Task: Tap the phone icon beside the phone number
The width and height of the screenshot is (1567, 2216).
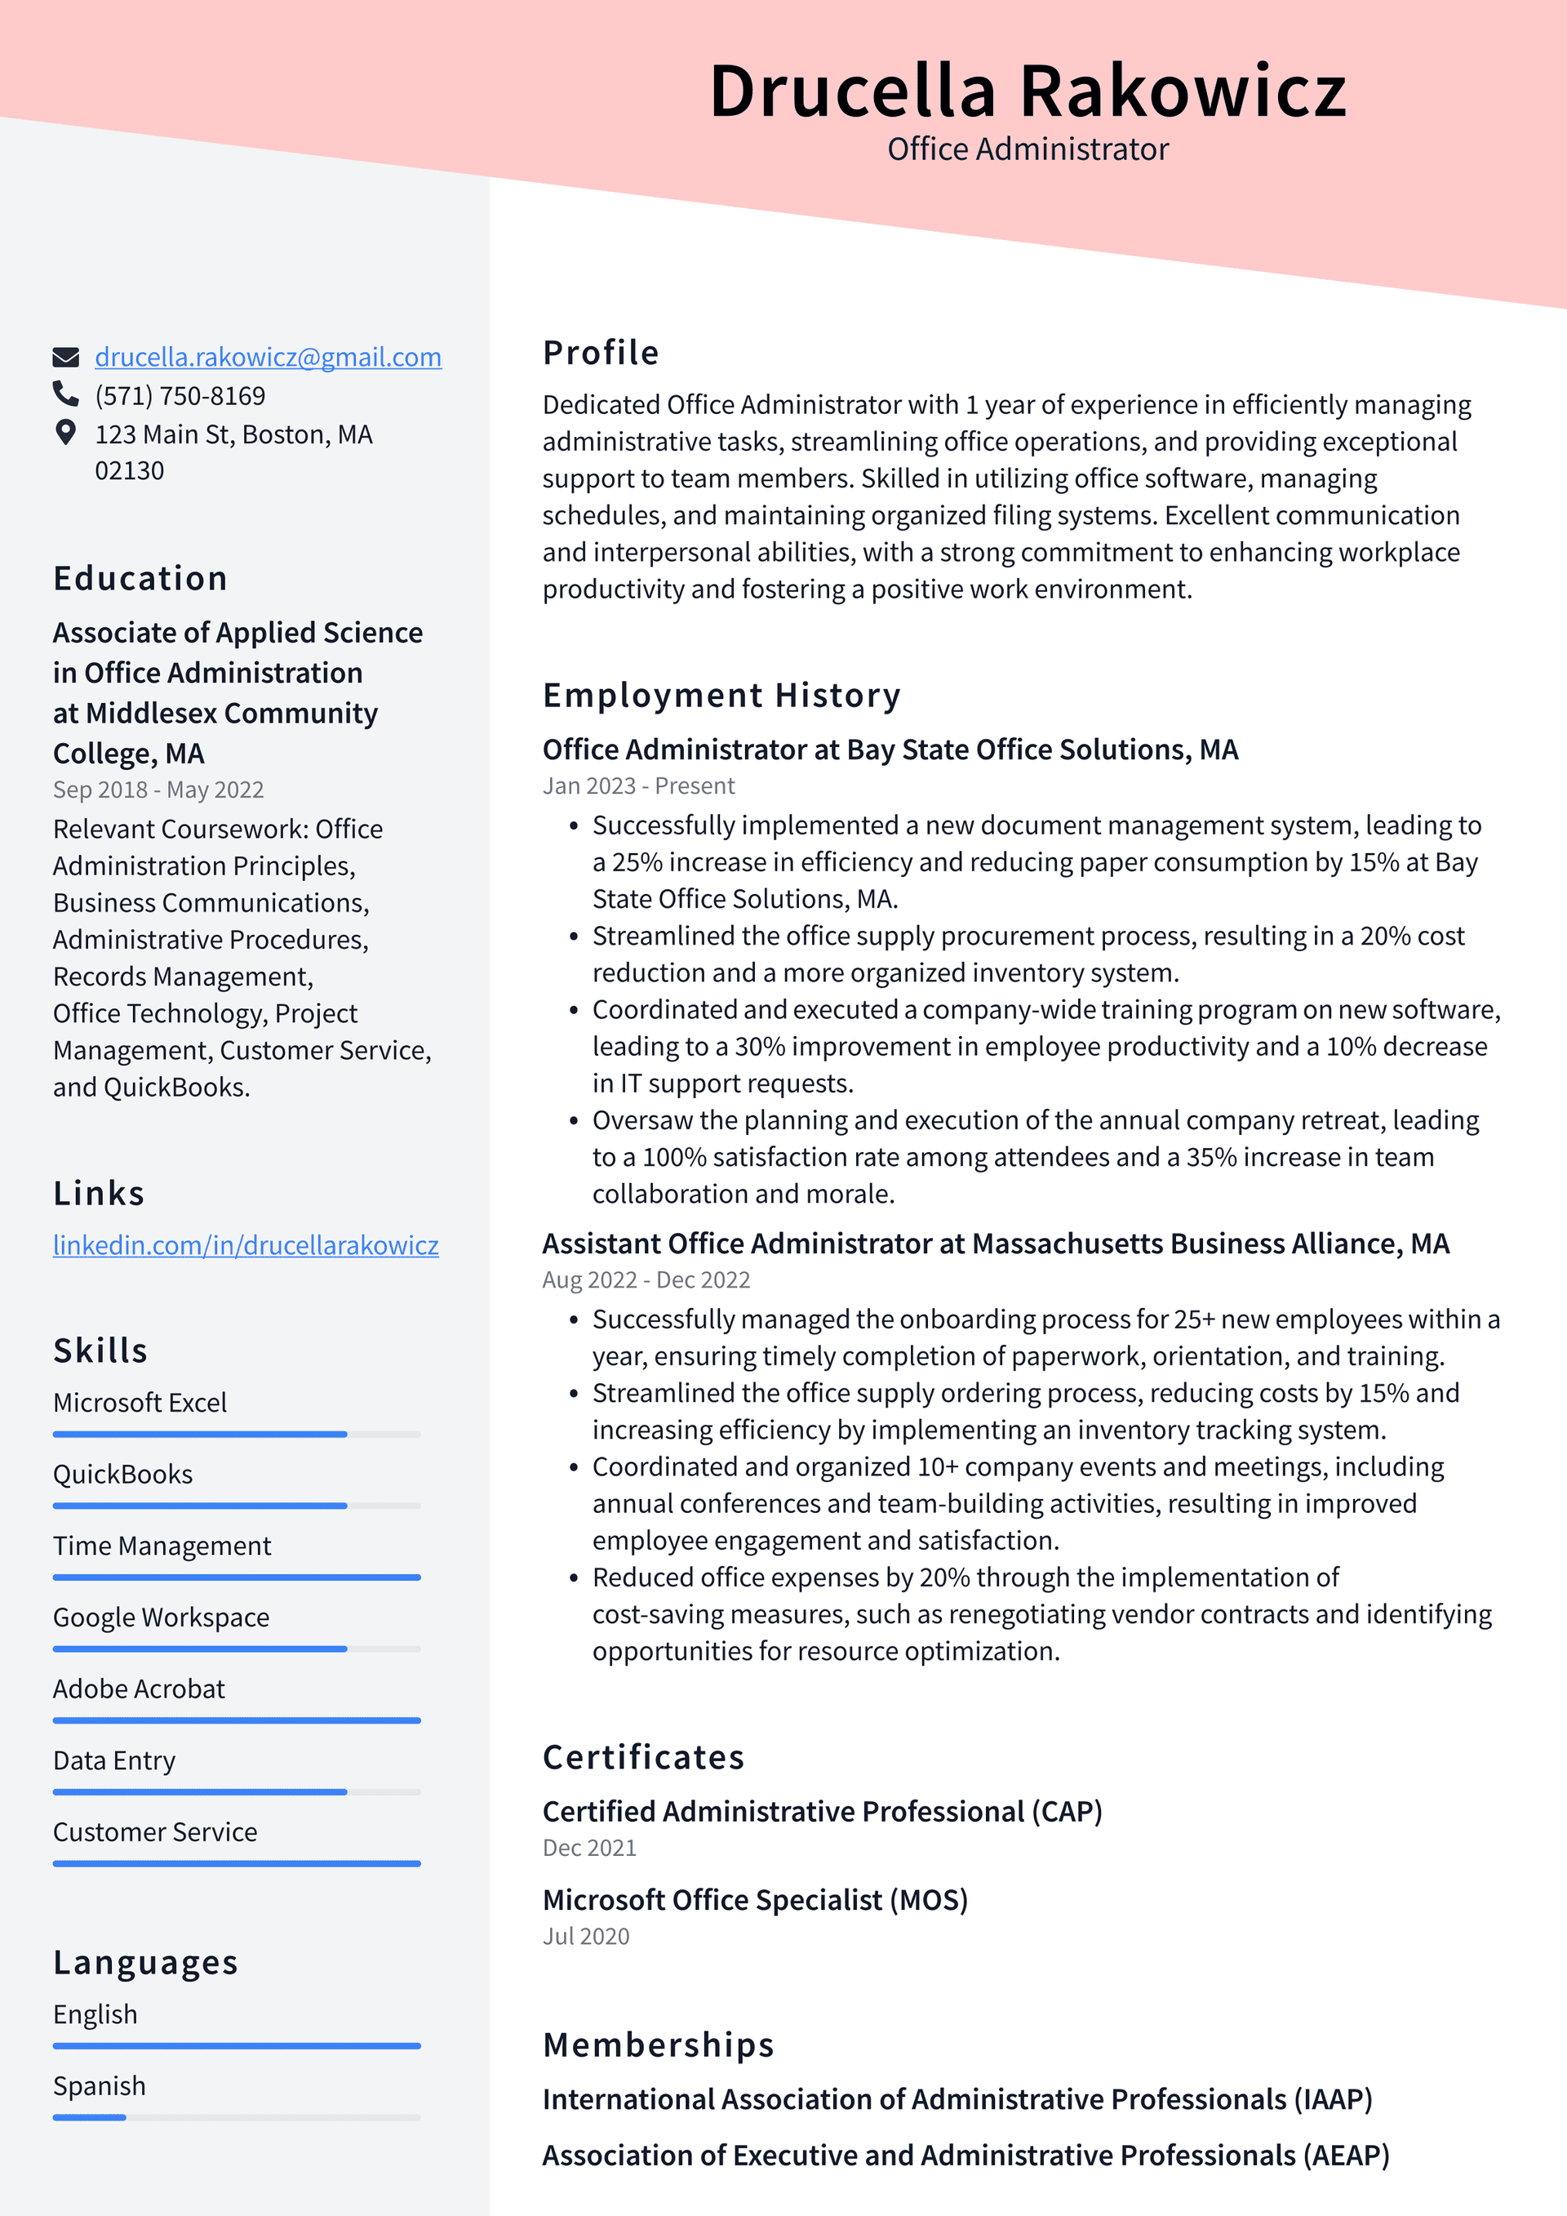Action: click(x=65, y=394)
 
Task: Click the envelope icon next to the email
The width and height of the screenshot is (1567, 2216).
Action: click(x=65, y=357)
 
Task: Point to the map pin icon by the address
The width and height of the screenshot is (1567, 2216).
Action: click(x=65, y=433)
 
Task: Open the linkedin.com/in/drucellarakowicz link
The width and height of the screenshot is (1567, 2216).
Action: click(x=245, y=1245)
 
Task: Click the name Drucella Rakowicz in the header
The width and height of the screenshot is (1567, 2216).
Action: click(x=1027, y=91)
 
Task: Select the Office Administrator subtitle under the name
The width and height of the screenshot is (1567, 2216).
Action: click(x=1027, y=149)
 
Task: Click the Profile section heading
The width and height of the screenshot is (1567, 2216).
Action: click(x=600, y=352)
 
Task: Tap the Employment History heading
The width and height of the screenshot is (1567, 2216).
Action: click(x=721, y=695)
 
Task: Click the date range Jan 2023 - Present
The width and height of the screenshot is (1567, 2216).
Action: click(x=637, y=785)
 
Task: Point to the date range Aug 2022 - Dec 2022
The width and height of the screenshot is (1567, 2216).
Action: click(x=646, y=1279)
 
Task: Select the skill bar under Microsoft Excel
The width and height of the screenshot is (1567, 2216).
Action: click(x=237, y=1435)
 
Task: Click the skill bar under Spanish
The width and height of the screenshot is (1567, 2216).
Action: click(x=237, y=2117)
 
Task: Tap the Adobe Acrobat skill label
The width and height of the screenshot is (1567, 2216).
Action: click(x=138, y=1689)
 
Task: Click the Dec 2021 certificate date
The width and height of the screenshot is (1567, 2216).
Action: click(x=588, y=1847)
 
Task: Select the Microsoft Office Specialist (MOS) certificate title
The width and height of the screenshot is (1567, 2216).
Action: click(x=755, y=1899)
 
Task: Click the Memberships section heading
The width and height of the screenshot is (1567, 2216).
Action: click(x=658, y=2045)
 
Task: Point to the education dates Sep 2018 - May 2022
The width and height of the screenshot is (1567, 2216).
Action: click(x=158, y=790)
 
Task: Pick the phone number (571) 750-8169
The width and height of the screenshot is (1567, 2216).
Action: click(x=180, y=396)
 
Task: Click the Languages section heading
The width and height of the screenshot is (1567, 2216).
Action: click(x=144, y=1962)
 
